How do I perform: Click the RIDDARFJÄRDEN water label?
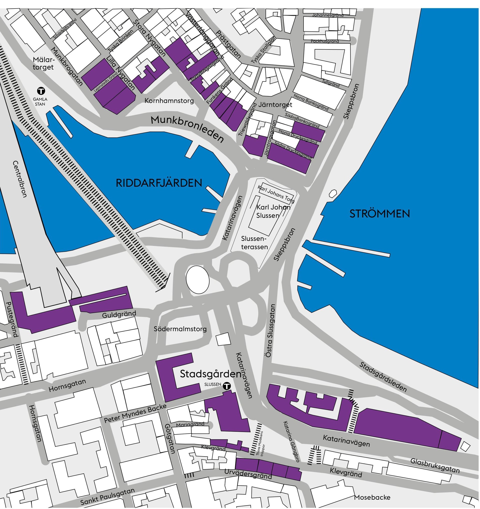(x=159, y=183)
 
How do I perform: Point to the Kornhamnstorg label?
(x=169, y=101)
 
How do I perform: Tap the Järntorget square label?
(x=275, y=105)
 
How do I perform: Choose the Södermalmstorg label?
(x=180, y=329)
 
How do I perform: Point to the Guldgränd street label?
(x=119, y=314)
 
